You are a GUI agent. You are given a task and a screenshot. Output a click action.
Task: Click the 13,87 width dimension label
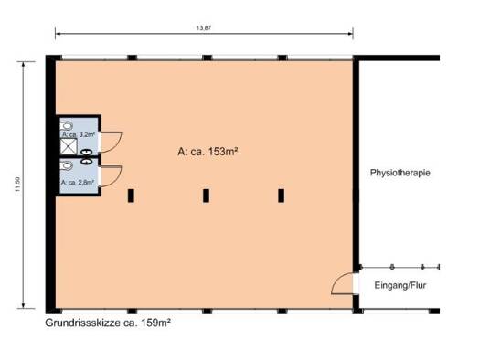204,27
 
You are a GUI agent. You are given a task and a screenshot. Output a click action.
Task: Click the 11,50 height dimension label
17,185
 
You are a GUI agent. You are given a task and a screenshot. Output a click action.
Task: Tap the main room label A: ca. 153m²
208,151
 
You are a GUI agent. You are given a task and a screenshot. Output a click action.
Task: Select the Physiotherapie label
400,173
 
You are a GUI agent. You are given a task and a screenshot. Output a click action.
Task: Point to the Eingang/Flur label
400,285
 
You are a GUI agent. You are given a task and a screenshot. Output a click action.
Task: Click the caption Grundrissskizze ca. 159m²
108,323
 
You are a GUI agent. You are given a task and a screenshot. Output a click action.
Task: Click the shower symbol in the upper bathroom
69,146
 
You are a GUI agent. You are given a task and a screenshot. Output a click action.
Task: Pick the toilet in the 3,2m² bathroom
67,126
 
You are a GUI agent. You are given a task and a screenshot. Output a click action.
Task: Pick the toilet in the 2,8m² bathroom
67,165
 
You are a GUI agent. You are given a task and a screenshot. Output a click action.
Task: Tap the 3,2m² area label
78,134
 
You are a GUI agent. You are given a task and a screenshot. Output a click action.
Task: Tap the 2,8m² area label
78,183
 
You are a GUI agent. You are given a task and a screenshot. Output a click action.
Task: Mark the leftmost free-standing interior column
131,196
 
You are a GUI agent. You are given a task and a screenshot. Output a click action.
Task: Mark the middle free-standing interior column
206,196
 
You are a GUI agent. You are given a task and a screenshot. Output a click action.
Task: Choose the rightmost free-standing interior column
281,196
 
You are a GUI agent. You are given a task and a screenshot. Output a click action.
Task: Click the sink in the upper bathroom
86,152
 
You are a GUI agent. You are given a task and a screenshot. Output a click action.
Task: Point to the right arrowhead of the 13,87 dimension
351,33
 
